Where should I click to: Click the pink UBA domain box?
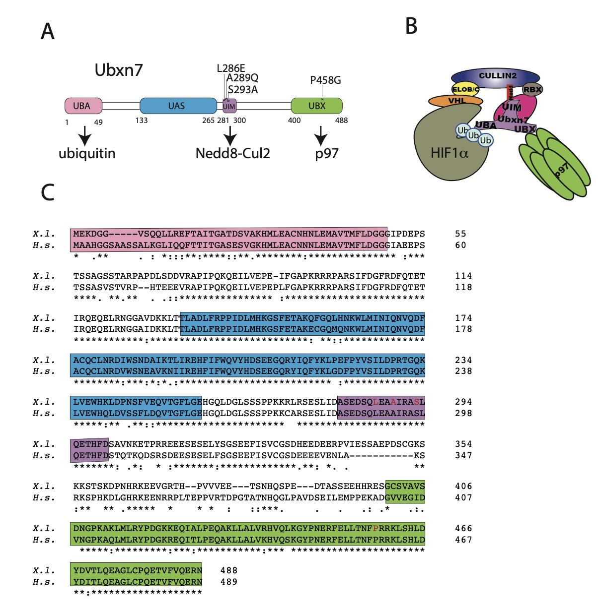pyautogui.click(x=83, y=105)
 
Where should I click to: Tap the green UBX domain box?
pyautogui.click(x=316, y=105)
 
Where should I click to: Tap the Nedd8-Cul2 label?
pyautogui.click(x=233, y=153)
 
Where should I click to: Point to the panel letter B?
pyautogui.click(x=411, y=26)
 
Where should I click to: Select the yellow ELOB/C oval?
pyautogui.click(x=465, y=89)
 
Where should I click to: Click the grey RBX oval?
pyautogui.click(x=532, y=89)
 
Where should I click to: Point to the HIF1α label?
pyautogui.click(x=450, y=153)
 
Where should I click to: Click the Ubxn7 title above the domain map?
pyautogui.click(x=119, y=70)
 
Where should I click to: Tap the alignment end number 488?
pyautogui.click(x=229, y=570)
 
